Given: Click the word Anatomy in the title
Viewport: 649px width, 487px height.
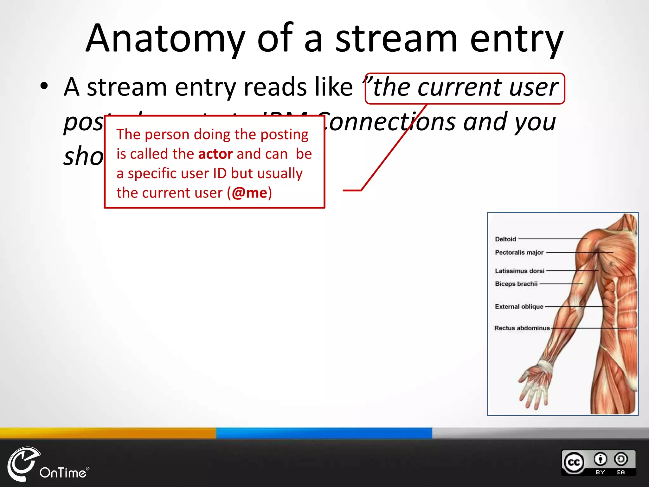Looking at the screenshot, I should [x=165, y=39].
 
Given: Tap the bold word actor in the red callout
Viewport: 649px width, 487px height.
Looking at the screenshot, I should [x=215, y=154].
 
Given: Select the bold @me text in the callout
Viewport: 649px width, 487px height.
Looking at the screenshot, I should [x=249, y=193].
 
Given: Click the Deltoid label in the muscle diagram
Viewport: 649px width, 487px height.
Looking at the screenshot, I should [x=506, y=239].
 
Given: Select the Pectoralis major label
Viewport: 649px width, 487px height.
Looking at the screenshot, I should [x=519, y=252].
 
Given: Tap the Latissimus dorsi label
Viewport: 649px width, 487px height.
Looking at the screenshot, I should [x=519, y=271].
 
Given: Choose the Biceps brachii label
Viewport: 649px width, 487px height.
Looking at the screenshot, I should [x=516, y=284].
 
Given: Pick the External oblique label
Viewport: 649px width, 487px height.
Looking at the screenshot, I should [x=519, y=307].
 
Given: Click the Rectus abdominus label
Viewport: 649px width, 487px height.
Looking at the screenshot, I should [x=522, y=328].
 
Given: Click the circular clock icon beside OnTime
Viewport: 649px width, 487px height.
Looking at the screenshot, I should [x=23, y=464].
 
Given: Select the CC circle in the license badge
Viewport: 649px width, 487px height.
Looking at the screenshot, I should [x=574, y=463].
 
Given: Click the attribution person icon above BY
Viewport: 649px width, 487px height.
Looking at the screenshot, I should [x=600, y=459].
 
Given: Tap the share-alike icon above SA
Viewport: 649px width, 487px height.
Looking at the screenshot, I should [x=620, y=459].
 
